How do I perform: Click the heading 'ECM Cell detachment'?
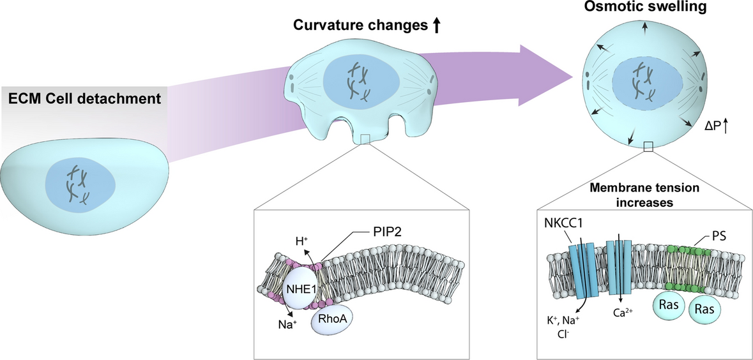(x=84, y=99)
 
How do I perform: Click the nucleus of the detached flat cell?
(x=80, y=183)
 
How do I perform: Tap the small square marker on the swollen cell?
(x=648, y=148)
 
